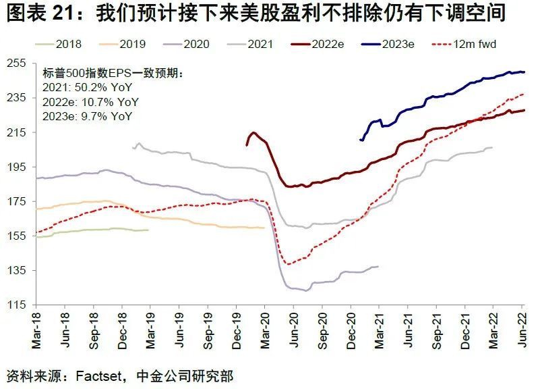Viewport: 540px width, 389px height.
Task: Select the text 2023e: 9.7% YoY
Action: (x=88, y=116)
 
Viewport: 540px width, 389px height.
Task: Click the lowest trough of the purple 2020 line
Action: (x=307, y=290)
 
